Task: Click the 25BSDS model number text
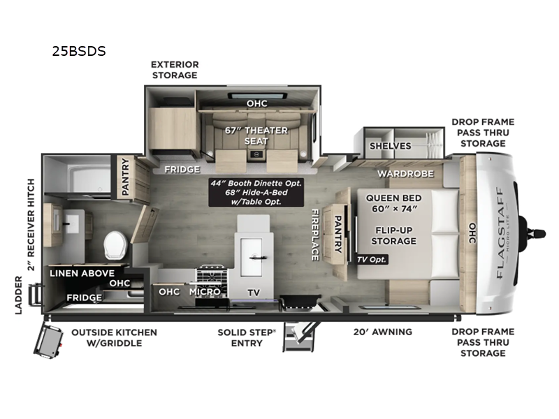(78, 51)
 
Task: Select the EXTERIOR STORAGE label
(175, 69)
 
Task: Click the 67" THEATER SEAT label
(246, 135)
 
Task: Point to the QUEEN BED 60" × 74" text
(394, 204)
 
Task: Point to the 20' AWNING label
(382, 332)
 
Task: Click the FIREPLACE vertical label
(314, 235)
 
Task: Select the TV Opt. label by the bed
(371, 259)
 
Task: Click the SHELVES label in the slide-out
(390, 146)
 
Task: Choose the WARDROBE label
(405, 173)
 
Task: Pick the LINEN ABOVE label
(82, 273)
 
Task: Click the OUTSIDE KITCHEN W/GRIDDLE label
(114, 337)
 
